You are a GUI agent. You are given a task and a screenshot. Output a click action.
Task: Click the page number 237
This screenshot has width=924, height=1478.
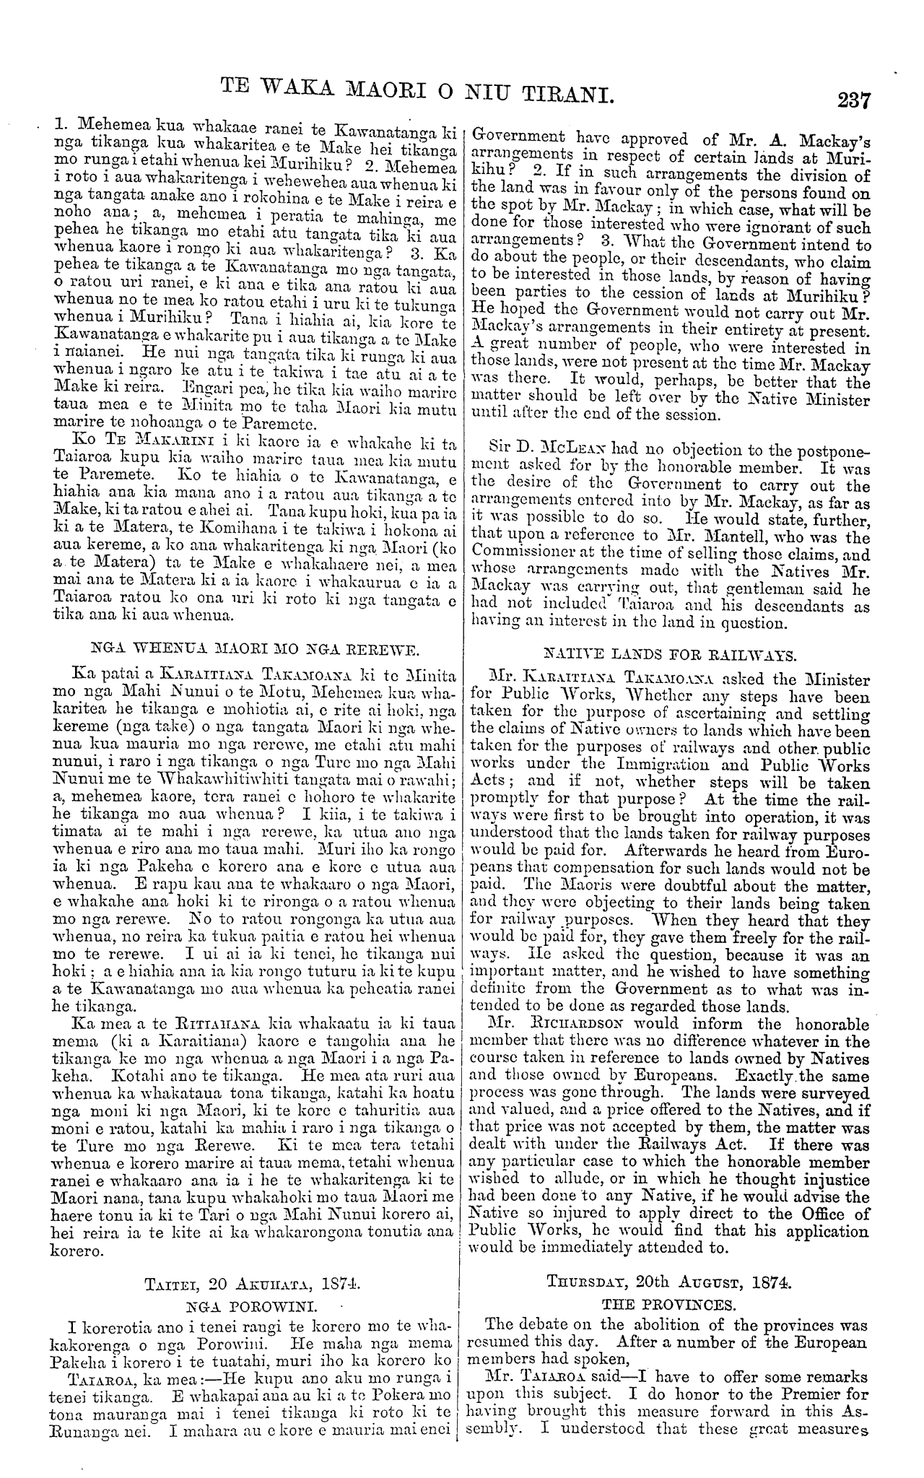852,100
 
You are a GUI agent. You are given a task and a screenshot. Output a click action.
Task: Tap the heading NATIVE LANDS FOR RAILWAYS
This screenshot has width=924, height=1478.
670,655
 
